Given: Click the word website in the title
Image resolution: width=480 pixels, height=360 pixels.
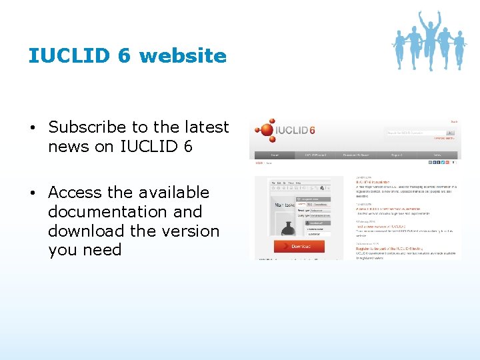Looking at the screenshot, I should coord(183,56).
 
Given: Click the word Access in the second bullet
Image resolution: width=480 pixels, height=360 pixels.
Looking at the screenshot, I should coord(74,192).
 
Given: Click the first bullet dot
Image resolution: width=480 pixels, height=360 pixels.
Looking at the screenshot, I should coord(32,127).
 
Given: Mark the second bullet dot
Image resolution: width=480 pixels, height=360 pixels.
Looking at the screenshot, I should coord(32,193).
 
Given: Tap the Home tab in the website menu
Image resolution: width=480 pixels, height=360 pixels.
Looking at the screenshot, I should coord(274,155).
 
